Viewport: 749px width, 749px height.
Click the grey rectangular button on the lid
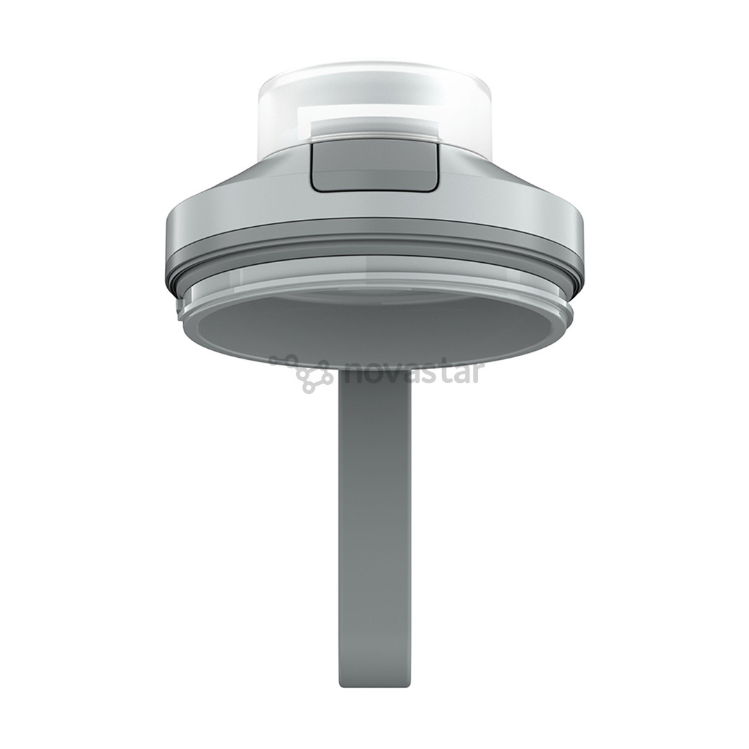tap(374, 169)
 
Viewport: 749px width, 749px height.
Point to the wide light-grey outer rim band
tap(374, 225)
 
